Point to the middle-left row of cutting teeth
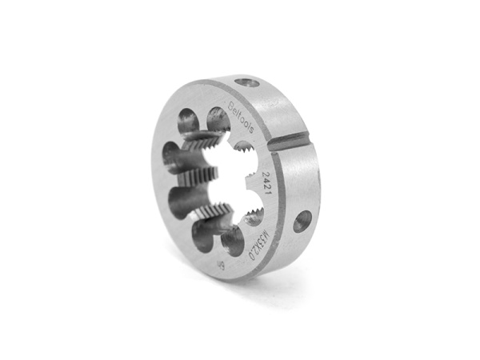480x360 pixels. [192, 176]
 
